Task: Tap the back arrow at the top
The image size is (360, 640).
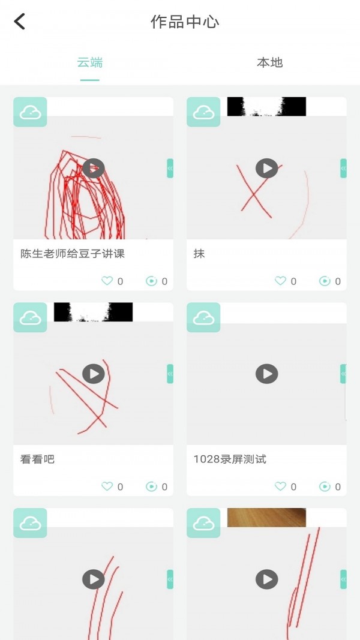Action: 20,22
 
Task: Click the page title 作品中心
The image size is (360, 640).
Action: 185,23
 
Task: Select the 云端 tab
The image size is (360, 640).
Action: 90,62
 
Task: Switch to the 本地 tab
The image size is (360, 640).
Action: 269,62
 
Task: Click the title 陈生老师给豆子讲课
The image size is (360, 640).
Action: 73,254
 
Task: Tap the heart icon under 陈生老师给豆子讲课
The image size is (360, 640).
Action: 107,281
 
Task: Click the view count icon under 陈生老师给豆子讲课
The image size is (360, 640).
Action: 151,281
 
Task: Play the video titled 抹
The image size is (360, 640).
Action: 267,168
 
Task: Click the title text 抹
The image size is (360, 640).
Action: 199,254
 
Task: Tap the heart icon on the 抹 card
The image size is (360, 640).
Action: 281,281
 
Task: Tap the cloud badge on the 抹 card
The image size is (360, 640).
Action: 203,112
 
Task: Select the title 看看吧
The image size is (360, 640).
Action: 37,459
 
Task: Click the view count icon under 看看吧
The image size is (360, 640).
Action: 151,486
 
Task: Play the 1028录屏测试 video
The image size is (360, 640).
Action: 267,374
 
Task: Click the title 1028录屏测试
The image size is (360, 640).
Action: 230,459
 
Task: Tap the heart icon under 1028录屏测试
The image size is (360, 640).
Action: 281,486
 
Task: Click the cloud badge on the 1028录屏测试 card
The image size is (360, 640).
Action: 203,318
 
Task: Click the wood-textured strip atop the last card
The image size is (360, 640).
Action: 266,517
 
